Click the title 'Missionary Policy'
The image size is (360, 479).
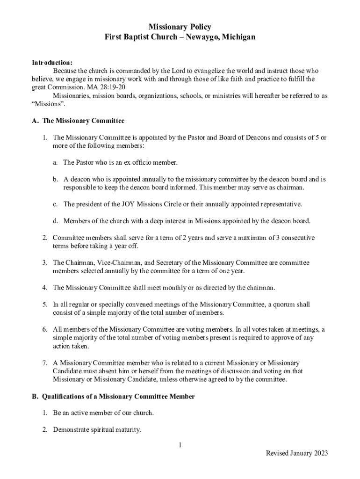click(x=180, y=27)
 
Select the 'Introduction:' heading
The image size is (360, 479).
click(x=52, y=62)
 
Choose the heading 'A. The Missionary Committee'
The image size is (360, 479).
click(x=78, y=121)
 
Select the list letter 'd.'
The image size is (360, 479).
click(x=55, y=221)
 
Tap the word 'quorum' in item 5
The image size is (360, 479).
click(x=286, y=305)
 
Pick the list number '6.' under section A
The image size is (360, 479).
click(x=45, y=329)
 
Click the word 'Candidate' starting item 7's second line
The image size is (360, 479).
click(x=68, y=371)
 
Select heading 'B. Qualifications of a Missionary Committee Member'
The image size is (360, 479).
click(x=113, y=396)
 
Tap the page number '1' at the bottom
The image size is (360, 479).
click(x=180, y=445)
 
